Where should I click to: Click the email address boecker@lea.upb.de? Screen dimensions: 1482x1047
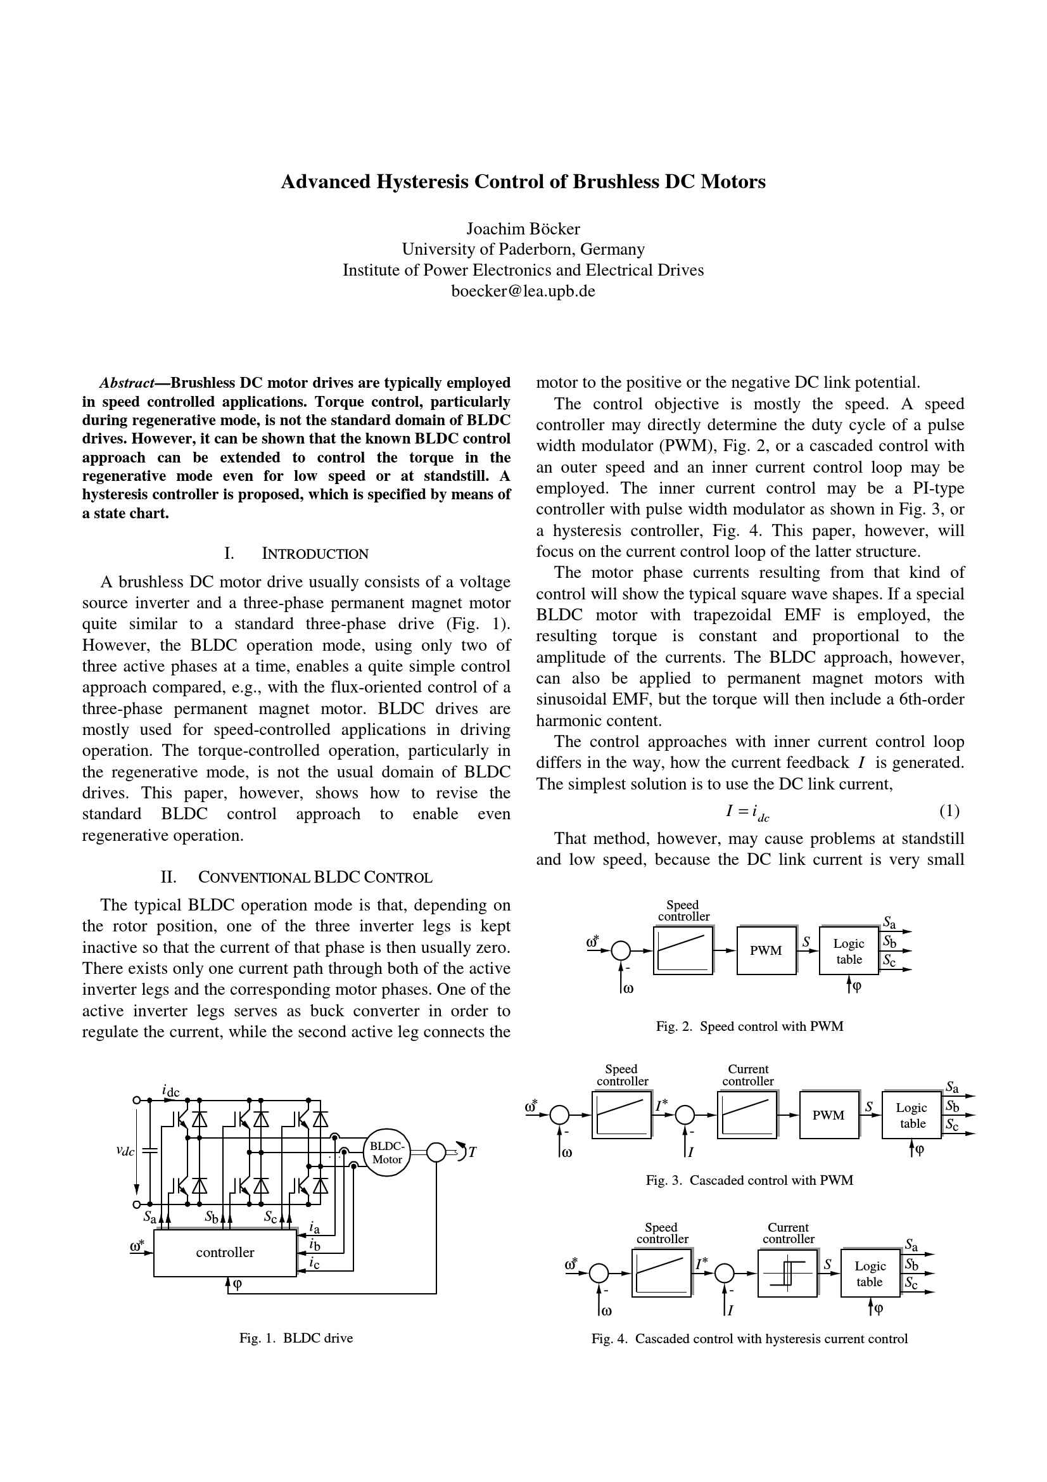point(523,291)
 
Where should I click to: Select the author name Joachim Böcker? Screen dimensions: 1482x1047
point(523,229)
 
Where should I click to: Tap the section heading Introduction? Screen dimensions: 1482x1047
point(314,554)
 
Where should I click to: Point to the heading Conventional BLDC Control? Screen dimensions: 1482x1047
point(314,877)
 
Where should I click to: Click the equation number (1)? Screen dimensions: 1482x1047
point(949,811)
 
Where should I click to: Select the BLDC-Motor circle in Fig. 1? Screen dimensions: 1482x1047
point(387,1153)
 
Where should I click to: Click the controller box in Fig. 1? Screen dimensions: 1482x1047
point(224,1253)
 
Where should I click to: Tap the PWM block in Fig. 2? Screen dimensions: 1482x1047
point(766,951)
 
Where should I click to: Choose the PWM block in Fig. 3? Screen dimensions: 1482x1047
point(828,1115)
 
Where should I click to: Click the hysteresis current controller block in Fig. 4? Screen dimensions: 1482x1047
point(787,1274)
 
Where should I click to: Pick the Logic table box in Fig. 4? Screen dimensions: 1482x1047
point(870,1274)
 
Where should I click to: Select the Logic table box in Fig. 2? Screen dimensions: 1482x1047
point(848,951)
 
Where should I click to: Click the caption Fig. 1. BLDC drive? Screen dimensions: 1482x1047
point(296,1338)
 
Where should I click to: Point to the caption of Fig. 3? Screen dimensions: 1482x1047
point(749,1180)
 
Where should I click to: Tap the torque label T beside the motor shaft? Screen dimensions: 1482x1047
point(473,1153)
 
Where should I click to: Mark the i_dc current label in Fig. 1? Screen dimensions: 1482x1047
point(170,1092)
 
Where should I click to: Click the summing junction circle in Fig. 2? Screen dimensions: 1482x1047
point(621,951)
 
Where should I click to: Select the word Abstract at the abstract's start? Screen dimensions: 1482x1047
point(127,383)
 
